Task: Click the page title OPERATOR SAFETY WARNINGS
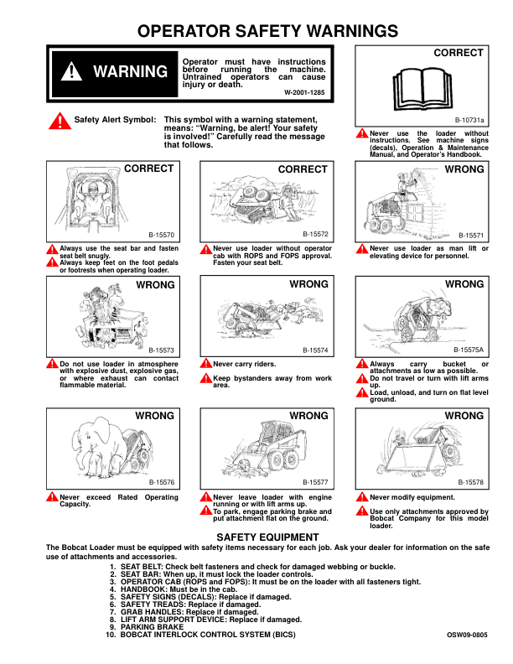[256, 32]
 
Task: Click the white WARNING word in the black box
[130, 71]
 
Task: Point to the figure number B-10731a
[469, 120]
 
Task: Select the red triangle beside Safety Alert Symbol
[60, 121]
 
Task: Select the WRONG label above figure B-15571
[464, 169]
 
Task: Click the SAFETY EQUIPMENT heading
[267, 537]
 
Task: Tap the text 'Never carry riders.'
[244, 364]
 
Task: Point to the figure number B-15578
[471, 483]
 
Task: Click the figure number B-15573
[161, 350]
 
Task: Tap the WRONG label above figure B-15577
[308, 416]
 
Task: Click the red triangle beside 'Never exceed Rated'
[52, 498]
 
